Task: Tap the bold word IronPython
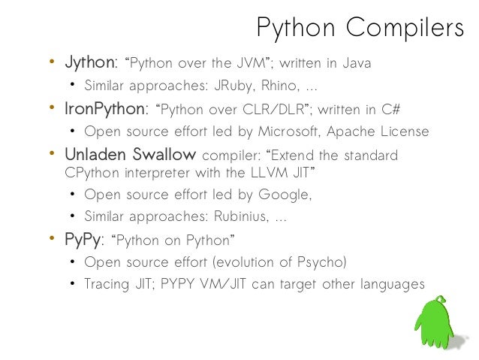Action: click(104, 110)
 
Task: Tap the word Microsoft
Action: click(285, 132)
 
